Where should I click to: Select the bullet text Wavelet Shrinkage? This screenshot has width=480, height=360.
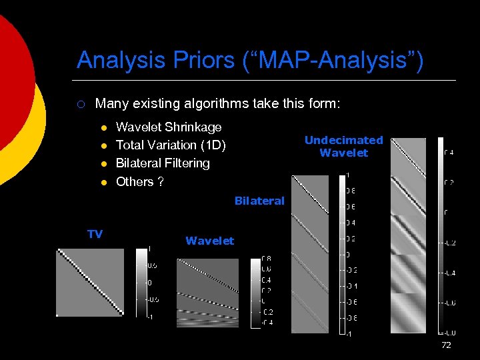(x=169, y=127)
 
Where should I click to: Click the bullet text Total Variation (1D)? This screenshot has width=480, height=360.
(x=171, y=145)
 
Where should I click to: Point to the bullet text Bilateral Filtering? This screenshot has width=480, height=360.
(x=163, y=163)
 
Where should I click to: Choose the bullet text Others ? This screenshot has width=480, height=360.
(x=140, y=181)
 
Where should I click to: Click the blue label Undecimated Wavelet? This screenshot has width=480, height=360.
(x=343, y=146)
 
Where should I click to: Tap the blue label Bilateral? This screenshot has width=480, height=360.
(x=259, y=201)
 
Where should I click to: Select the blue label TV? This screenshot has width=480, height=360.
(x=95, y=233)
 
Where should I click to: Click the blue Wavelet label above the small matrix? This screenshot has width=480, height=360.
(x=209, y=241)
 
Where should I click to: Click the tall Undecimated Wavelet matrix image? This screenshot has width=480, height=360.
(x=408, y=235)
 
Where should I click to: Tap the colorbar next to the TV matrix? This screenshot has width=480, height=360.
(x=142, y=282)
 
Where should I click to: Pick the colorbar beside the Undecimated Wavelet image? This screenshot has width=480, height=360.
(x=441, y=235)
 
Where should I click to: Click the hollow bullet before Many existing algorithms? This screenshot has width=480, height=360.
(x=79, y=104)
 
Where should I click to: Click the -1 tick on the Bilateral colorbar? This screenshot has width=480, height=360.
(x=347, y=333)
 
